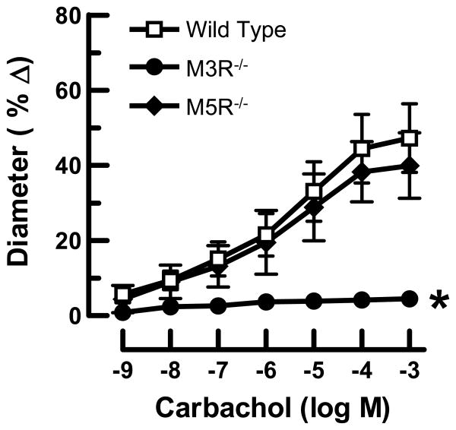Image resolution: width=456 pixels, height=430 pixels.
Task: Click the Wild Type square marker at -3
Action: click(410, 138)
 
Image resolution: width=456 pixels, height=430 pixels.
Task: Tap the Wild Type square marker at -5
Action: click(314, 191)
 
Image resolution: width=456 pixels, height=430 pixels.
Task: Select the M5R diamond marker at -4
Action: click(362, 172)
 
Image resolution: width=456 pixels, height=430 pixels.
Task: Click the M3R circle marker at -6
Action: click(266, 302)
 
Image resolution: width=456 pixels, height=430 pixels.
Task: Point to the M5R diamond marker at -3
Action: click(410, 166)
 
